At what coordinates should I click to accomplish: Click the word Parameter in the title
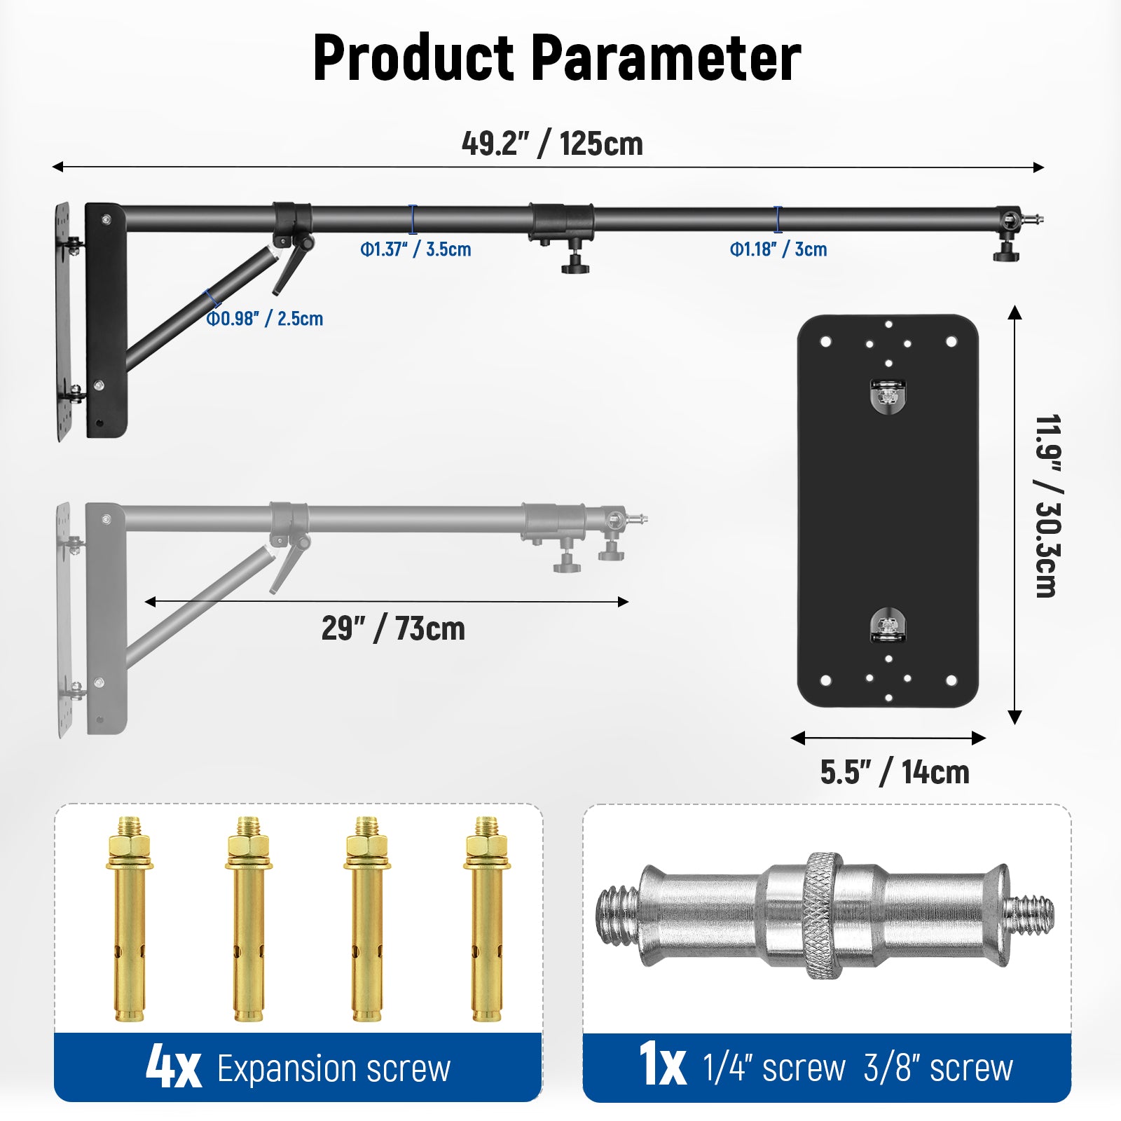pyautogui.click(x=666, y=57)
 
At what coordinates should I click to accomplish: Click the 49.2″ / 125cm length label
pyautogui.click(x=552, y=144)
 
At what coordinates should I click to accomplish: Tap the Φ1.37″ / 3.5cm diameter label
pyautogui.click(x=415, y=249)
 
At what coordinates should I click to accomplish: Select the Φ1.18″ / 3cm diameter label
pyautogui.click(x=778, y=249)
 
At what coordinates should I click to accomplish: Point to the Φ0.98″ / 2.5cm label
pyautogui.click(x=265, y=319)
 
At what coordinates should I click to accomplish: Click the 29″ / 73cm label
pyautogui.click(x=393, y=628)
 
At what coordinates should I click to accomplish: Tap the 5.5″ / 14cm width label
pyautogui.click(x=895, y=772)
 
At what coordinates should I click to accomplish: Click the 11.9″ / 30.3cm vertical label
pyautogui.click(x=1047, y=506)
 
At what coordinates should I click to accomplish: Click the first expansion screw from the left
pyautogui.click(x=129, y=918)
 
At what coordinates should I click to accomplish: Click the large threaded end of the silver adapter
pyautogui.click(x=617, y=915)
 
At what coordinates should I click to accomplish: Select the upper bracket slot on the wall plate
pyautogui.click(x=888, y=396)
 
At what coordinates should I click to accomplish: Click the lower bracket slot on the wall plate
pyautogui.click(x=888, y=624)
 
